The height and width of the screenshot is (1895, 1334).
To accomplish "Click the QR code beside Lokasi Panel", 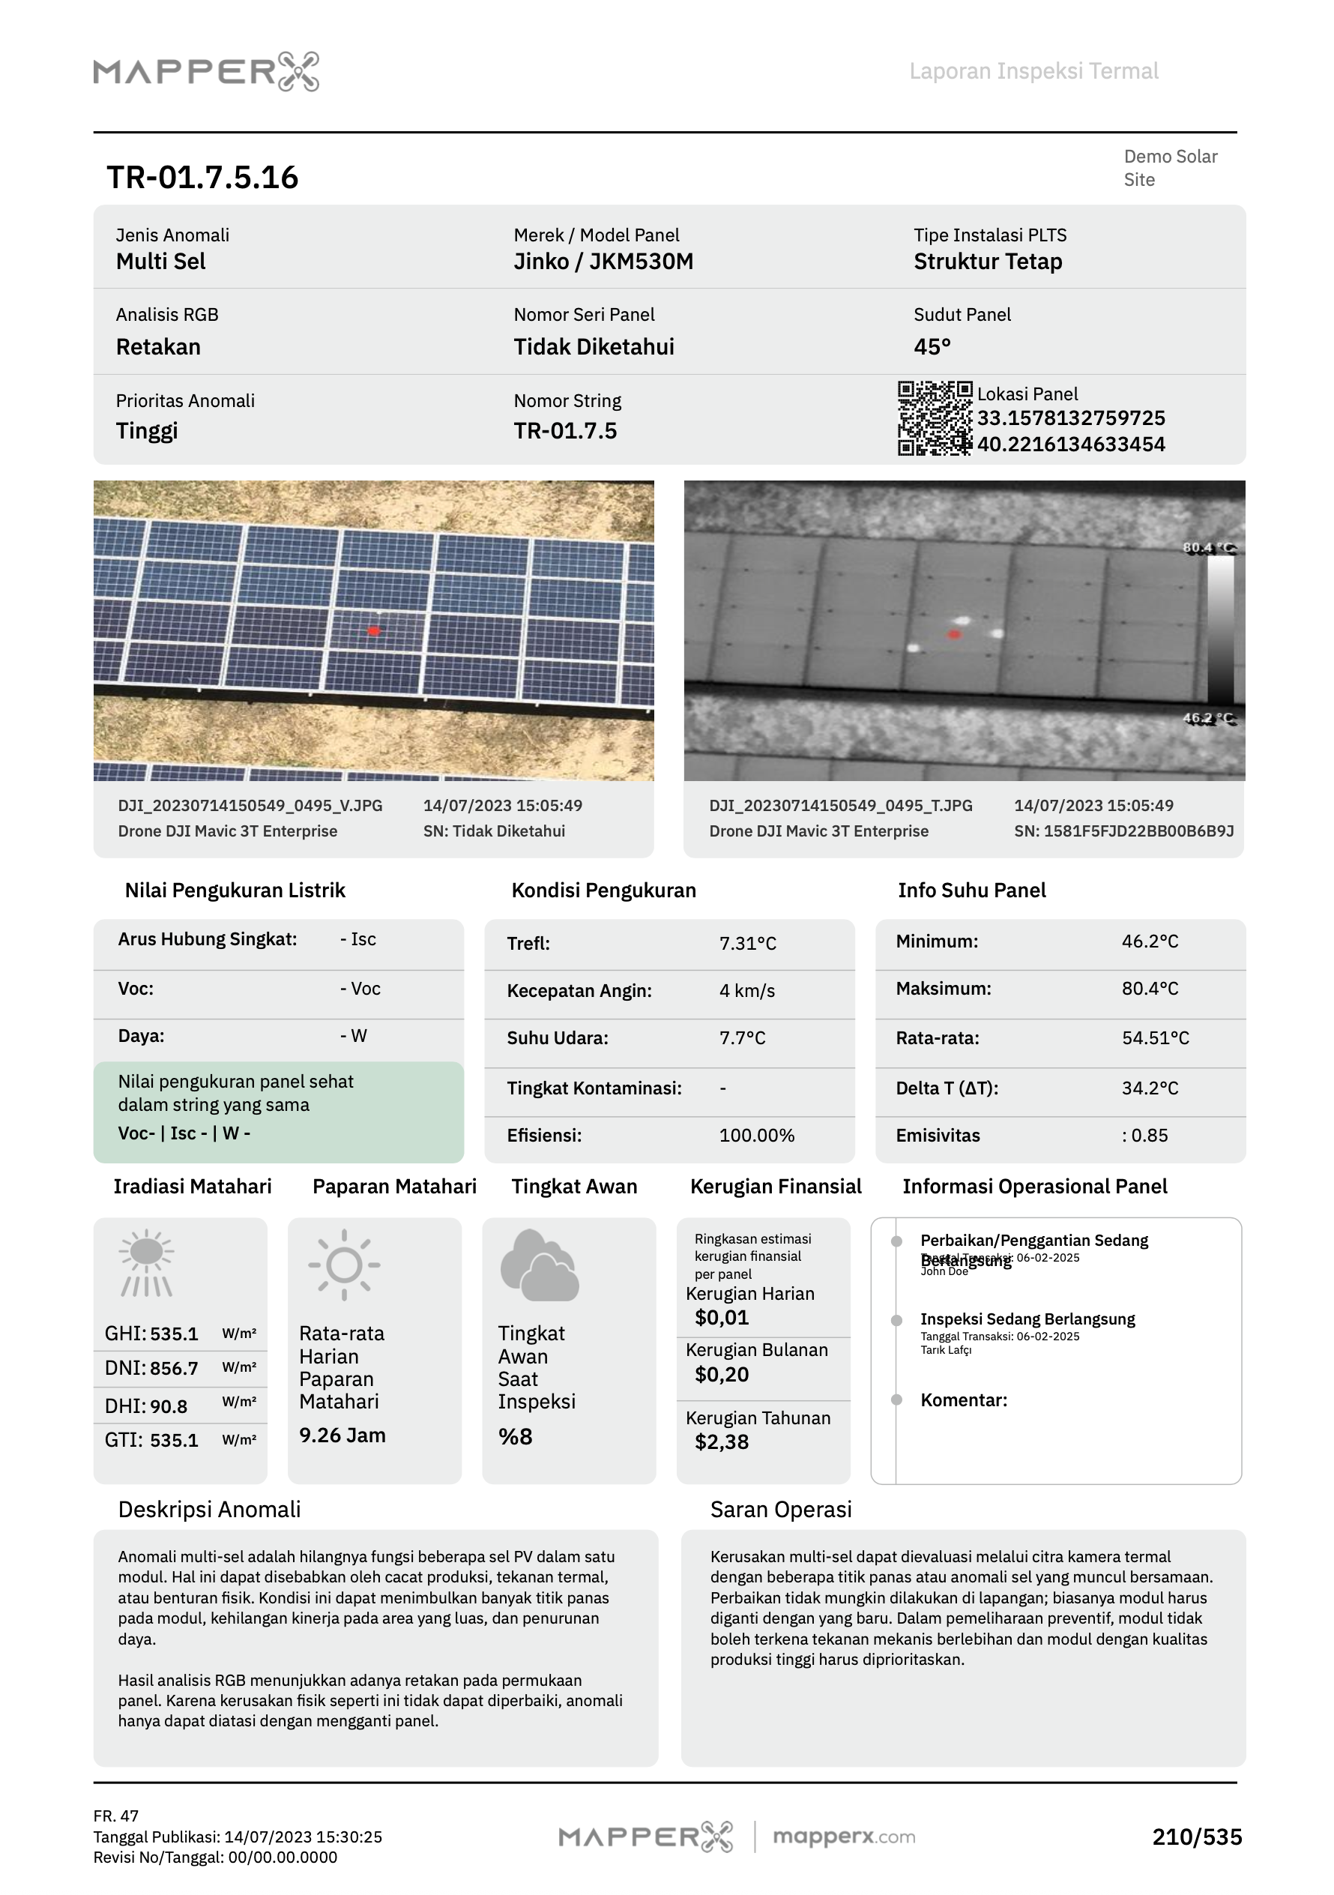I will pos(934,418).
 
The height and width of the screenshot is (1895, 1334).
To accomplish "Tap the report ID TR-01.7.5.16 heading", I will pos(202,178).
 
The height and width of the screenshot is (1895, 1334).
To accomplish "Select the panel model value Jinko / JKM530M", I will pos(603,262).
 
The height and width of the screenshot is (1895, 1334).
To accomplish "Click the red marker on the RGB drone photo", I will pos(374,631).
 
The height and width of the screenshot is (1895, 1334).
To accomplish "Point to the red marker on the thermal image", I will pos(955,634).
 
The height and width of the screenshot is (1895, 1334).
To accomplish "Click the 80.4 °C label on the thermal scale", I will pos(1208,548).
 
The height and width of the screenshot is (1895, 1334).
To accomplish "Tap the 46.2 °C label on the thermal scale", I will pos(1208,718).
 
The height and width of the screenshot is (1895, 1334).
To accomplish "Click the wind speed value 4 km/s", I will pos(746,990).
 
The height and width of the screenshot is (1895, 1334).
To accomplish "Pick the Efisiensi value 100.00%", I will pos(756,1135).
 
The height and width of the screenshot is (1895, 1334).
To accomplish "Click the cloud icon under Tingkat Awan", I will pos(539,1265).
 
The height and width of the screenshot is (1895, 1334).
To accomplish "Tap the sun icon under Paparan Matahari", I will pos(344,1265).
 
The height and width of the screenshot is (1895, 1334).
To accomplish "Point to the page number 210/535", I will pos(1196,1837).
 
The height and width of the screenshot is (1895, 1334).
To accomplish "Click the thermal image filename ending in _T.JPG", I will pos(840,806).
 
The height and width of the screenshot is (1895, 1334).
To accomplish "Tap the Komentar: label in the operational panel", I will pos(964,1400).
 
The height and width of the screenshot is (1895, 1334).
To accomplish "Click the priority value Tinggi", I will pos(147,431).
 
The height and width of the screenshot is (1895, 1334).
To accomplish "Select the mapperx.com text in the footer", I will pos(843,1837).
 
